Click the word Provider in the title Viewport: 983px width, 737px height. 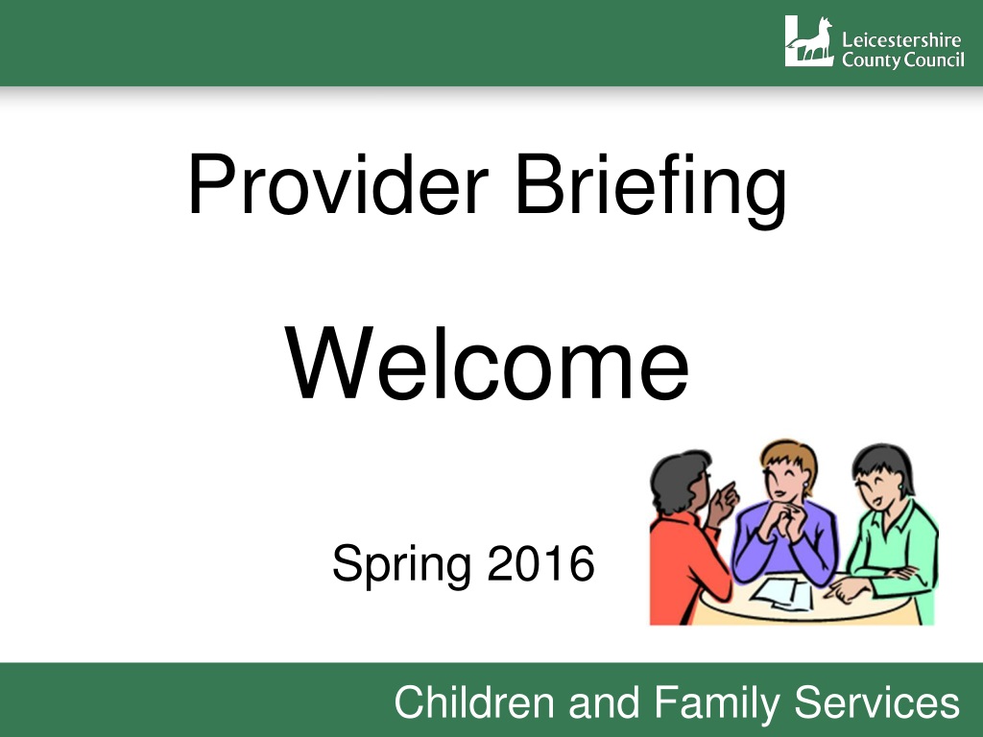[x=338, y=184]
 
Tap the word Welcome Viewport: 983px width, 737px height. [x=487, y=364]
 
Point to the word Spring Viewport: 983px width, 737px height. [x=401, y=564]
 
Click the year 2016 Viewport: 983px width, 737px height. [x=540, y=563]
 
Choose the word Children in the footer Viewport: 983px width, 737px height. [x=474, y=701]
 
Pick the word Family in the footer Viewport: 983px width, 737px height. [x=717, y=703]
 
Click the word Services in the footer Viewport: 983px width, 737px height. [x=877, y=702]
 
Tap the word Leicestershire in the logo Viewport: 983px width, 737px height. [x=901, y=40]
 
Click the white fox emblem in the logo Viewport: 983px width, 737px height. [x=809, y=41]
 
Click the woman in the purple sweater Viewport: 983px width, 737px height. [x=786, y=514]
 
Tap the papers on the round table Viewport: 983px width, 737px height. [x=782, y=594]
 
